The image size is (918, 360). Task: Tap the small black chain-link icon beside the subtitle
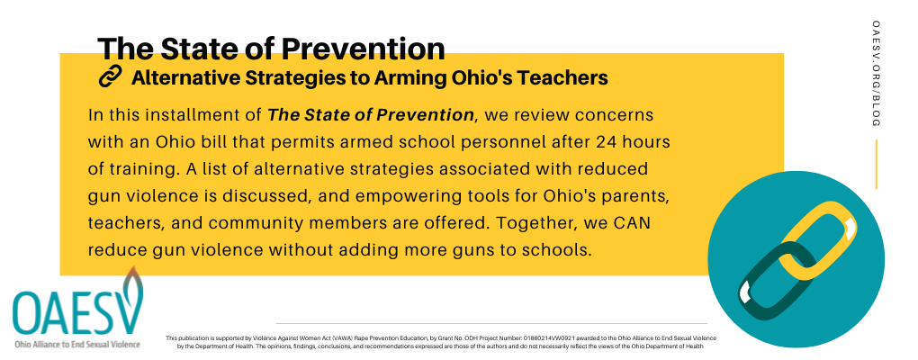(x=110, y=76)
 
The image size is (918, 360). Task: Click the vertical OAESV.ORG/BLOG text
(x=877, y=74)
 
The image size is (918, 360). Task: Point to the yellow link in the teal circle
(x=817, y=241)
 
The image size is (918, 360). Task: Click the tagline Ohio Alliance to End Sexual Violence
(x=78, y=344)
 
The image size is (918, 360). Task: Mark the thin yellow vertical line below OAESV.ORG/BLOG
(x=877, y=165)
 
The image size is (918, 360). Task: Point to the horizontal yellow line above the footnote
(x=491, y=323)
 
